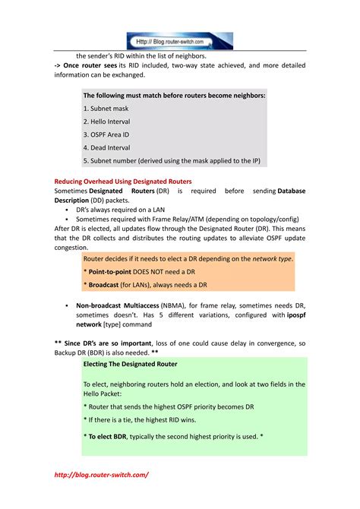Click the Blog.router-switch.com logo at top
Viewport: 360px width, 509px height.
tap(179, 41)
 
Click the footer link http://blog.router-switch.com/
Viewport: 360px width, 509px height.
tap(102, 474)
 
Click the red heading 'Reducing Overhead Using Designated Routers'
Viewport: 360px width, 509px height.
tap(123, 182)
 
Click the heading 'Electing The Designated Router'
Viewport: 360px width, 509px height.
tap(130, 364)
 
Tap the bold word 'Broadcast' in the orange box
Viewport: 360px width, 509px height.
tap(107, 285)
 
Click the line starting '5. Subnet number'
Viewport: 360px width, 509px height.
tap(172, 161)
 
